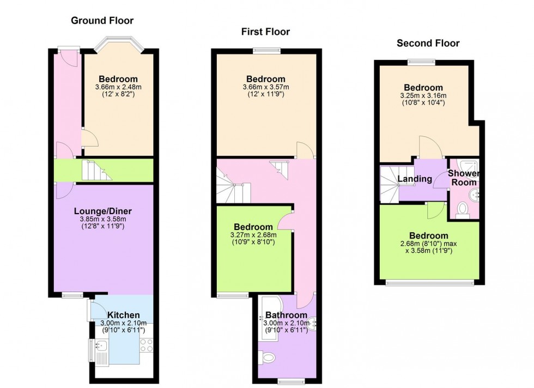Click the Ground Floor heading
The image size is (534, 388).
coord(102,21)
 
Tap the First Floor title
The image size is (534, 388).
coord(266,32)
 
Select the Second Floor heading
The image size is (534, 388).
coord(428,43)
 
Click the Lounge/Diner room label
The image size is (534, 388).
coord(103,211)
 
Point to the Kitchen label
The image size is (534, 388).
coord(124,316)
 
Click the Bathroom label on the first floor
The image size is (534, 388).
coord(287,315)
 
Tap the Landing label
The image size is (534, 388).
coord(415,179)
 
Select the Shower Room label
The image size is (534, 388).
coord(464,178)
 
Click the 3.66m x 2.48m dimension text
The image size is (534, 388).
coord(119,87)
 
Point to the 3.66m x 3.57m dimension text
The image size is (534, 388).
coord(266,87)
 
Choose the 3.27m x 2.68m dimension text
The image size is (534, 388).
coord(253,235)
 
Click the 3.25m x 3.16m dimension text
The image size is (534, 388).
coord(423,95)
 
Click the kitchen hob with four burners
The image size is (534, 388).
coord(147,345)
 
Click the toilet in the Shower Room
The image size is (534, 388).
coord(462,209)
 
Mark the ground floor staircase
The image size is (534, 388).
coord(96,171)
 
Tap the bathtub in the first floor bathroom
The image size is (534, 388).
coord(270,318)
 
